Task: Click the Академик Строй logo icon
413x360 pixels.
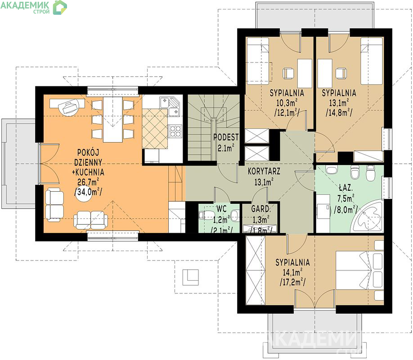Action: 60,7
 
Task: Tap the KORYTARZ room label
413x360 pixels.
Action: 264,171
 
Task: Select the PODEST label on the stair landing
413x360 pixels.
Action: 226,137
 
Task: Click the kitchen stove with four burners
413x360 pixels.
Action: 175,131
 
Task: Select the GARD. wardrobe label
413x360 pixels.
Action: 261,209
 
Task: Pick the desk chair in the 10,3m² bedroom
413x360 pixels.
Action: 288,73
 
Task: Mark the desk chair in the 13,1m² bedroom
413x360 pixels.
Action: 341,73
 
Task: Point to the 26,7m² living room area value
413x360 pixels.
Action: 88,182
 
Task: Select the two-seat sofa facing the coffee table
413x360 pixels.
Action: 90,220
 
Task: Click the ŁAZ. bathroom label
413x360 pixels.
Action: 346,188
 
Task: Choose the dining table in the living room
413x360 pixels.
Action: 112,120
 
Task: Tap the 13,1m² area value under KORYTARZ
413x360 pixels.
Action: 264,182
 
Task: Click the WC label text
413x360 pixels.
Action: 221,209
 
